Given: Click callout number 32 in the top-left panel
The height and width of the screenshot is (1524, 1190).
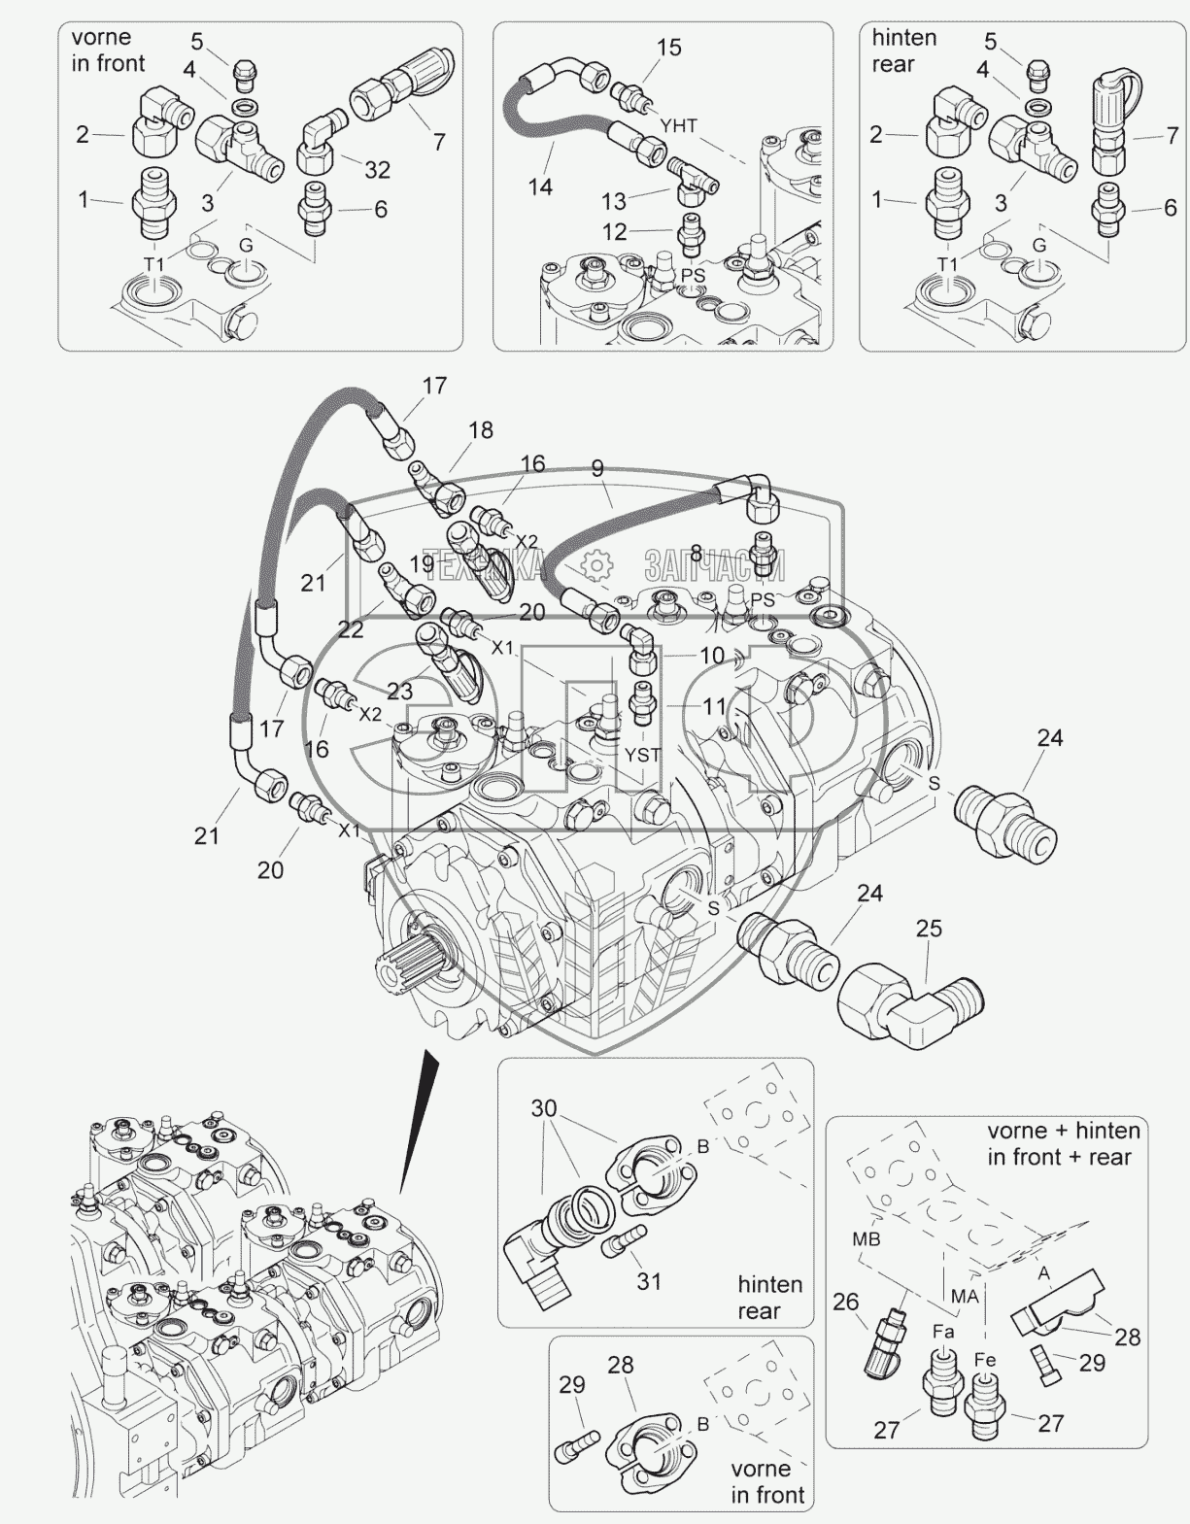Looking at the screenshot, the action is click(378, 169).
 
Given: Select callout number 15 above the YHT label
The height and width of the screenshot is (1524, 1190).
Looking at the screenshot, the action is click(669, 48).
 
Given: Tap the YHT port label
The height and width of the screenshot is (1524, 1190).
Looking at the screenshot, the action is click(679, 126).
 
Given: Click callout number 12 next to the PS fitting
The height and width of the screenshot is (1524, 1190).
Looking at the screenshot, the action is click(614, 231).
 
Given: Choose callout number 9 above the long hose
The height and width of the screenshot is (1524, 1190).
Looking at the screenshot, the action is click(596, 468).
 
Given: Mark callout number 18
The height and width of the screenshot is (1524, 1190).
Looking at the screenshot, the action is click(481, 430).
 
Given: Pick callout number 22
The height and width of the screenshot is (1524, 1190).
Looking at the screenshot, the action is click(351, 628).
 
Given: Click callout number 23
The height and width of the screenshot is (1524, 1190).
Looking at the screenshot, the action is click(400, 692).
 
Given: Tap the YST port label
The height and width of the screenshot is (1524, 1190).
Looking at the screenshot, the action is click(642, 756).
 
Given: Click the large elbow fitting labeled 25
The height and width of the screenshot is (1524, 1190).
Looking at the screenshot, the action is click(909, 1013).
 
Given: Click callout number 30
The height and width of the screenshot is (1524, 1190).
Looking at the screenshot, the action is click(543, 1109).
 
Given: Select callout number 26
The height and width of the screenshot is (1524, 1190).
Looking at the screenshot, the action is click(846, 1302).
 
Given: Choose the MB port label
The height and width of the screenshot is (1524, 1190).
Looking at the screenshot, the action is click(866, 1239).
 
